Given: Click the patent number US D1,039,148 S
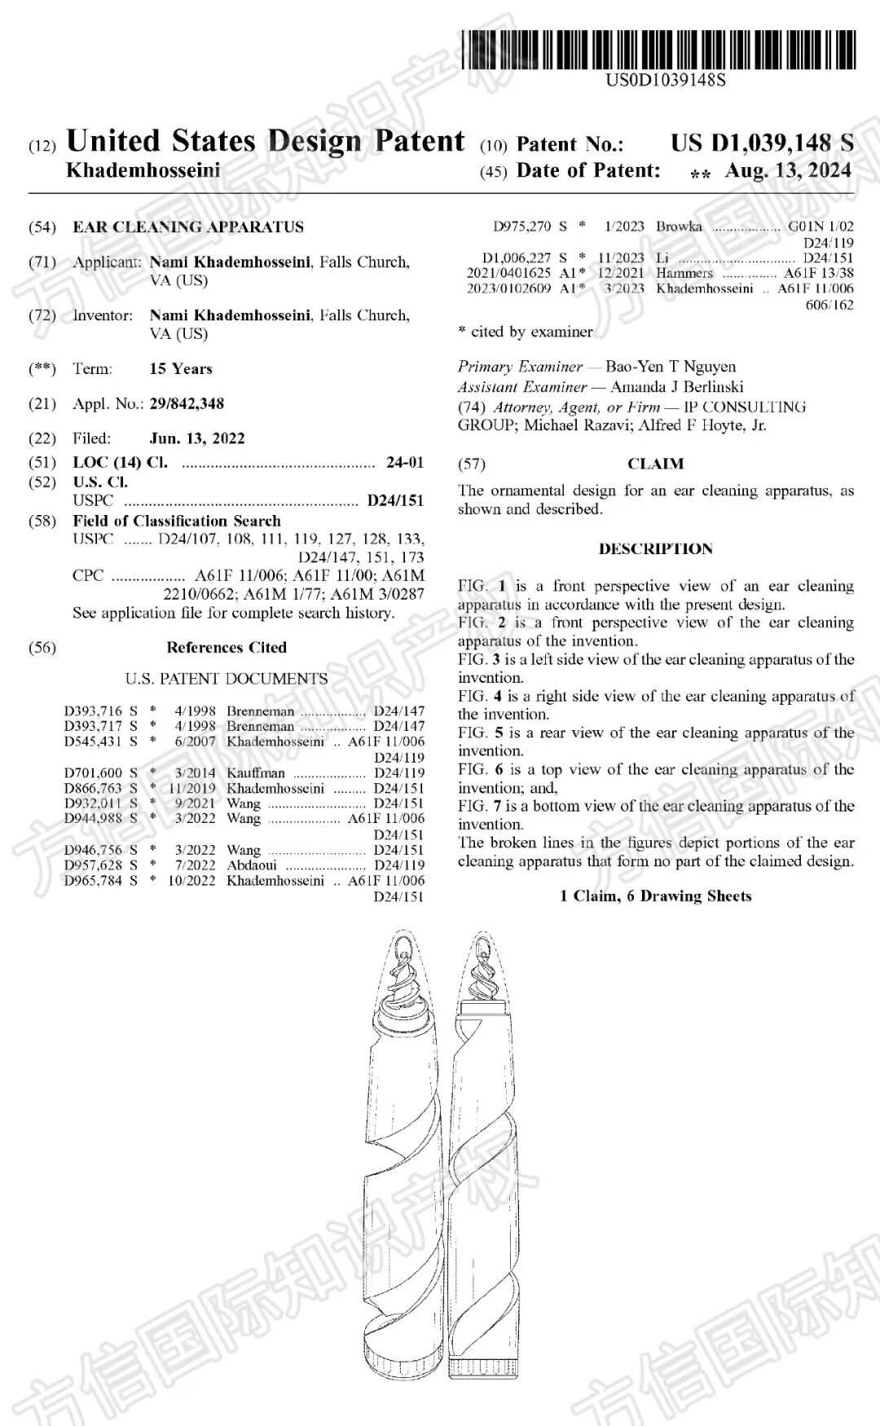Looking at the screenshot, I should coord(762,143).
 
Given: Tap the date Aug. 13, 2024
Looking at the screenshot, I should coord(787,170).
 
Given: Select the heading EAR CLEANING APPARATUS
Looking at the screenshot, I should coord(188,227).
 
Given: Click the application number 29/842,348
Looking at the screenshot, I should coord(187,403).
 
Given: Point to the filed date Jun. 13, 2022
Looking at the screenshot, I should coord(197,438).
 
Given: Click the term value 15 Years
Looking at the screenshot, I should coord(181,369).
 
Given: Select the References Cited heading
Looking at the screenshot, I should coord(227,648).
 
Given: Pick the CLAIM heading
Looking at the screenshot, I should coord(655,464).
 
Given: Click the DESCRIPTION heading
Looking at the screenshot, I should coord(655,549).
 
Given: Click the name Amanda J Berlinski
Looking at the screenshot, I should coord(676,387).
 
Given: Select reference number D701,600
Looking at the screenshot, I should coord(93,772).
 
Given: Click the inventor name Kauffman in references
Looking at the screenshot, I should coord(256,772).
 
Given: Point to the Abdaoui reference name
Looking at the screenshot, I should coord(252,865).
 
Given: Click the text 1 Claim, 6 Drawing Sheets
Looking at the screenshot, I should coord(655,896).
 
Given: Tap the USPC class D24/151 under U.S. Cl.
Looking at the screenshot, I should coord(395,500).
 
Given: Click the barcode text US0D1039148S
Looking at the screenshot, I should coord(665,80).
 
